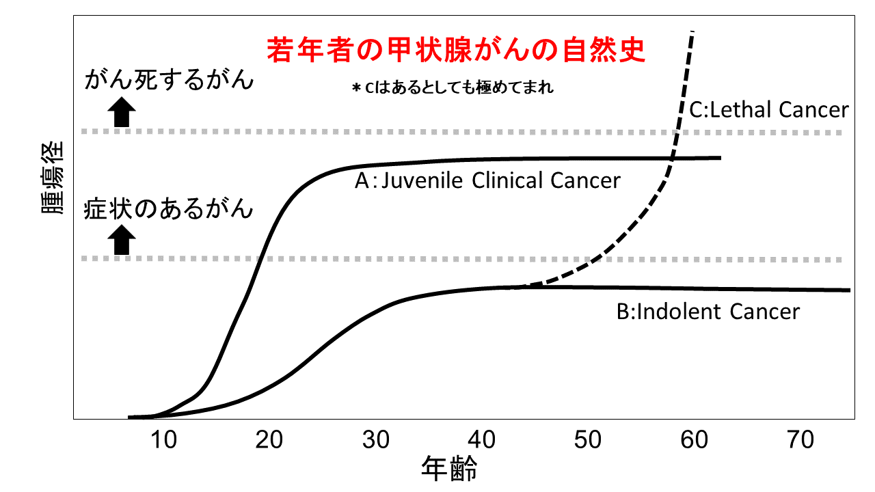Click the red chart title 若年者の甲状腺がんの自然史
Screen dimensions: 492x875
pos(456,51)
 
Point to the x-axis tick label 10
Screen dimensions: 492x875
pos(163,441)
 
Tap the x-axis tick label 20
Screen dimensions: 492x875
pos(269,441)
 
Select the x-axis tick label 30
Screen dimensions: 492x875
pos(375,441)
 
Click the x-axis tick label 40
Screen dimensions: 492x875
pos(481,441)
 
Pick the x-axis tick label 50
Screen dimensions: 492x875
pos(587,441)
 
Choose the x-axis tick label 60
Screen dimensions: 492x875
pos(693,441)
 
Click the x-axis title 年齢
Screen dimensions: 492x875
pos(449,469)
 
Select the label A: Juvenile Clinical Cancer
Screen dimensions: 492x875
pos(487,180)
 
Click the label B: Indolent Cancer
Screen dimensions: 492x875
pos(708,312)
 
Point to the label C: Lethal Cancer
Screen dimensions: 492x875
pos(768,109)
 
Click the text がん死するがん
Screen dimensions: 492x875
pos(169,80)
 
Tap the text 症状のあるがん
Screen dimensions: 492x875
pos(169,208)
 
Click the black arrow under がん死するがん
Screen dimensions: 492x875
pos(122,112)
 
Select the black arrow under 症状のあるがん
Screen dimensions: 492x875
pos(122,241)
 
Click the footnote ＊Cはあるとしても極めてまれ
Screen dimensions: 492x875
pos(452,88)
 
